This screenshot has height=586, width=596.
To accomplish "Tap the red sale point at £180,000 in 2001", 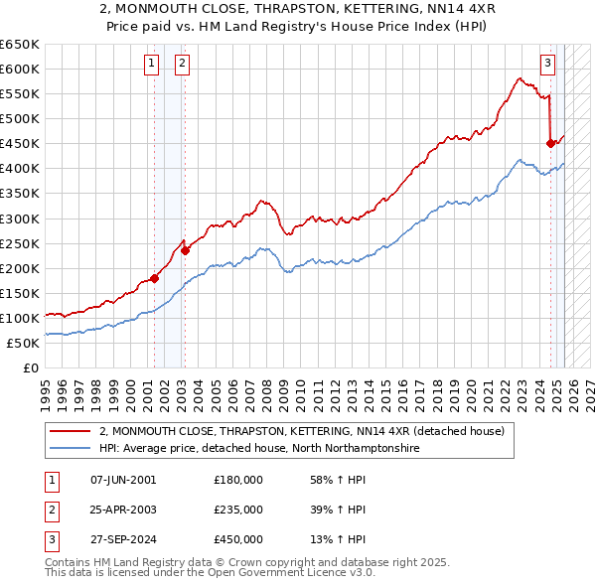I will coord(154,278).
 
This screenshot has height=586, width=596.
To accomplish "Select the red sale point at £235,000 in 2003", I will coord(186,250).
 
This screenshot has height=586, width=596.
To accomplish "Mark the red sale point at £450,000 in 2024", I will coord(550,143).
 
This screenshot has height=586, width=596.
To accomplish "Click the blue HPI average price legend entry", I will coord(258,449).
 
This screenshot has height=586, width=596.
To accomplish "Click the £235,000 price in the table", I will coord(238,510).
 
